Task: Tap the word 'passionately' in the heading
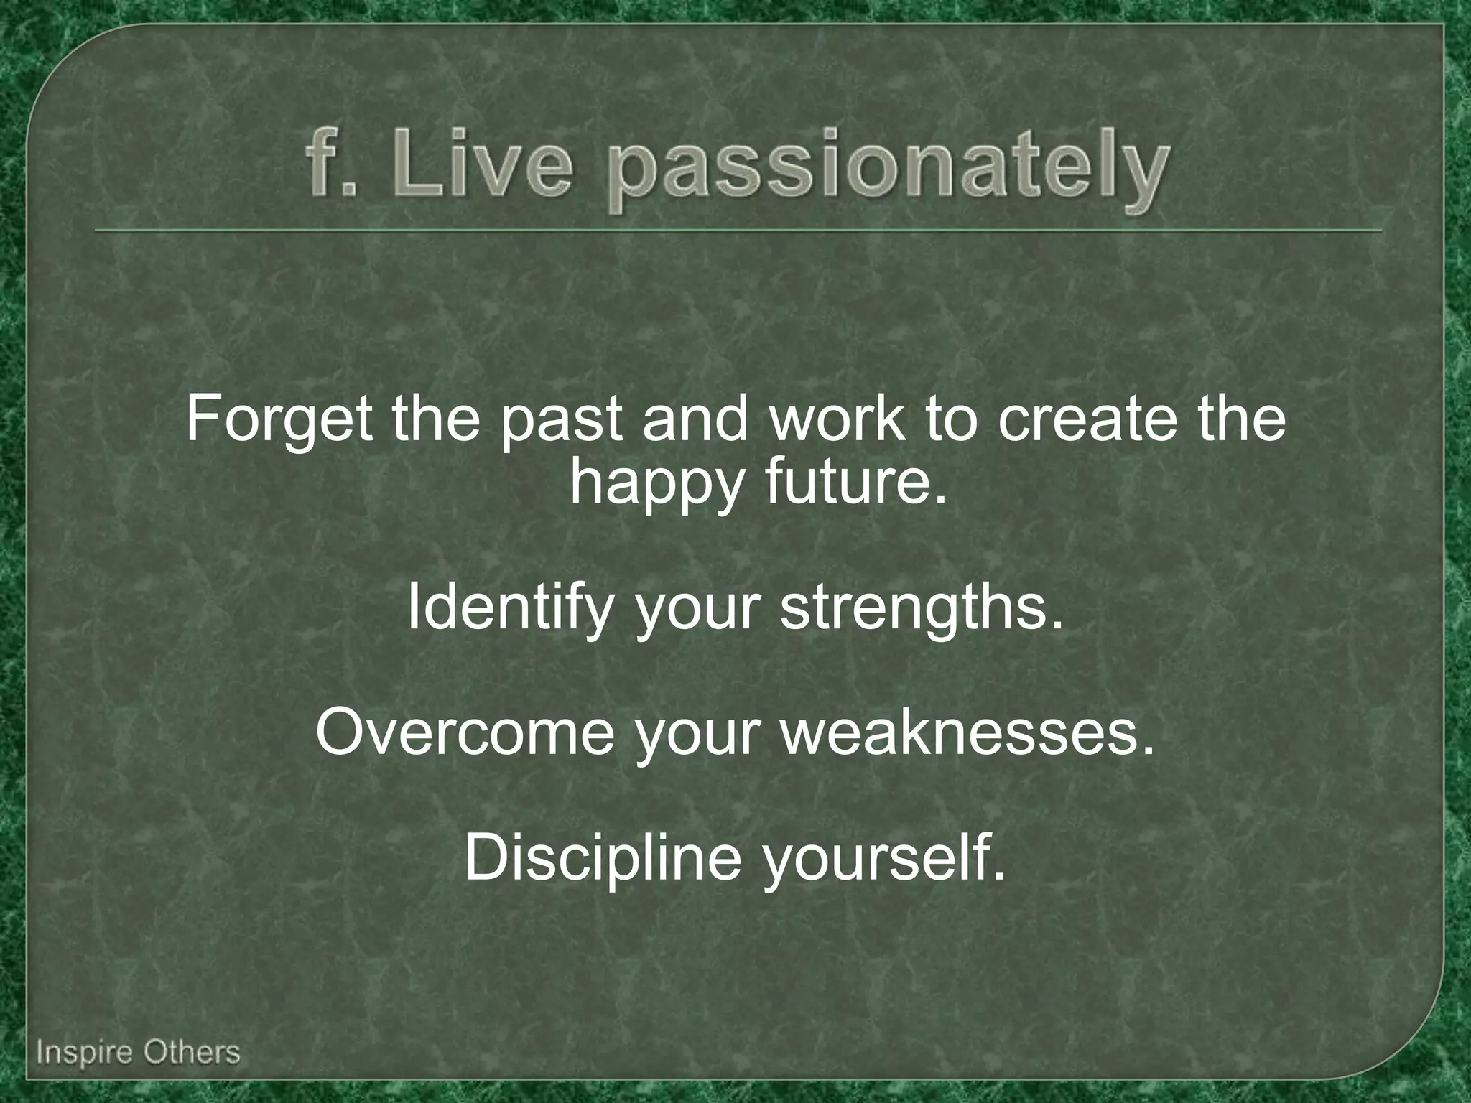(x=888, y=172)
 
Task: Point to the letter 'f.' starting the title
(x=323, y=167)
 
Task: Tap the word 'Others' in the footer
(x=191, y=1052)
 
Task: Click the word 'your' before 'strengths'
(x=697, y=612)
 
